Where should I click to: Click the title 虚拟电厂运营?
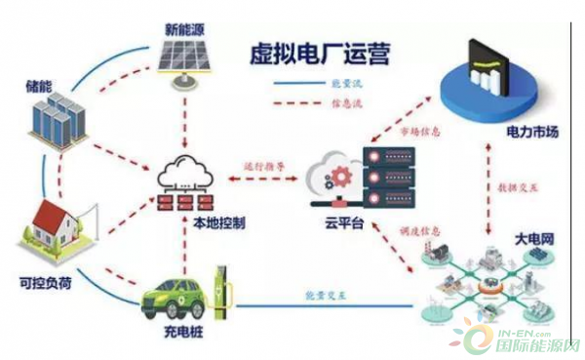coord(315,52)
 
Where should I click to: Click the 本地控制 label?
coord(214,222)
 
